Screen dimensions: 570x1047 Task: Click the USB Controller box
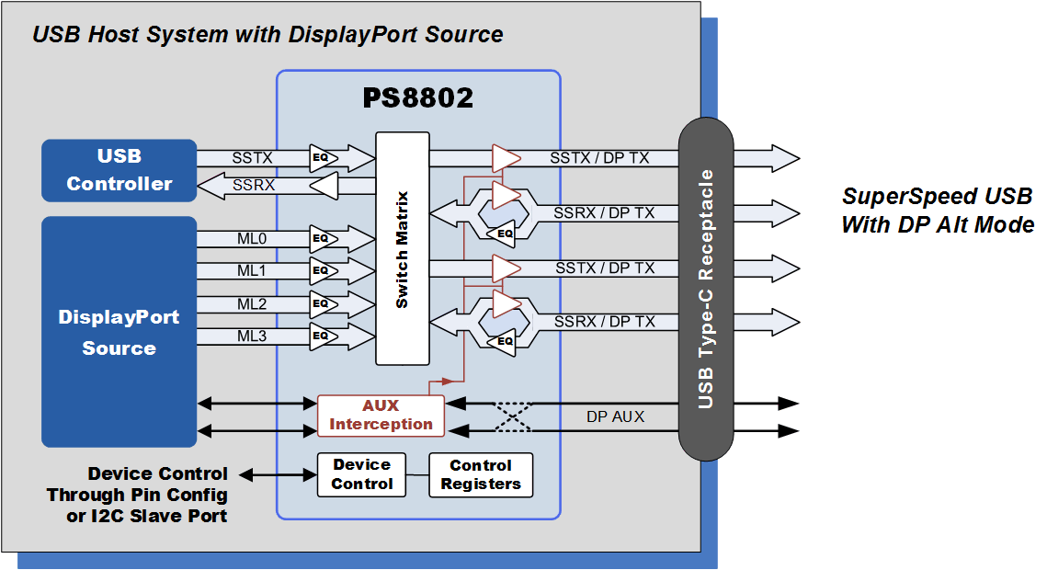tap(119, 170)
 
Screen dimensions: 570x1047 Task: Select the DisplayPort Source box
tap(119, 332)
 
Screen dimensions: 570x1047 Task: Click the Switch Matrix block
tap(403, 248)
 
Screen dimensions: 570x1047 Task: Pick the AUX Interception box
tap(381, 416)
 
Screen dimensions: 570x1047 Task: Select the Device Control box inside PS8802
tap(361, 474)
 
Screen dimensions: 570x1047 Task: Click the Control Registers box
tap(481, 474)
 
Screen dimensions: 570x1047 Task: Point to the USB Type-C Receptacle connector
tap(705, 289)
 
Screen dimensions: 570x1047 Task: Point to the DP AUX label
tap(615, 416)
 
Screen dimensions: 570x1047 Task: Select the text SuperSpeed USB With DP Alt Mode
tap(937, 211)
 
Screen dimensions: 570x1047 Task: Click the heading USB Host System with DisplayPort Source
tap(267, 35)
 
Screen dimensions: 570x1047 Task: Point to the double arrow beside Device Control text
tap(279, 474)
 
